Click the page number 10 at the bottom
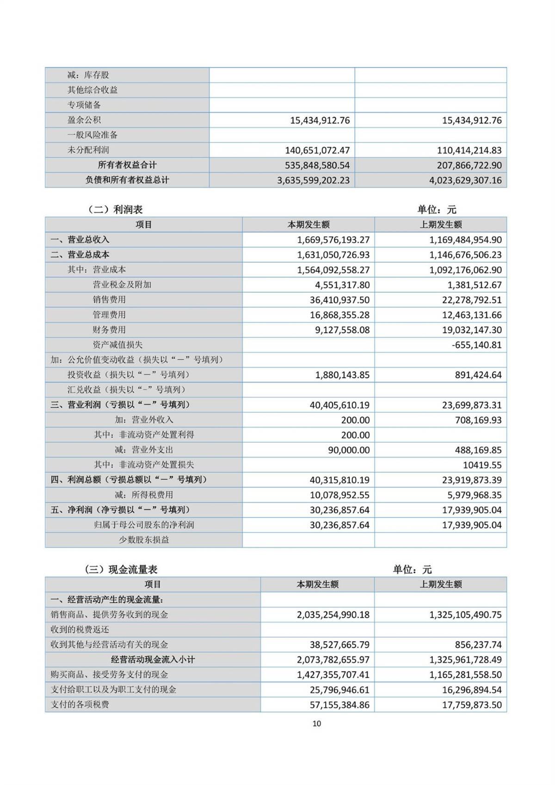[317, 723]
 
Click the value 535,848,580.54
[314, 165]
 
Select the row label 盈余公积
[84, 120]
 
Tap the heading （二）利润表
[115, 210]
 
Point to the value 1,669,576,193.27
[333, 240]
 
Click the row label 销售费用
[109, 300]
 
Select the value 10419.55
[482, 465]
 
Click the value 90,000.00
[349, 450]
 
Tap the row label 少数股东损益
[144, 540]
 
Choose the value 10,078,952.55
[339, 495]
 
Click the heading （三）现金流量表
[121, 569]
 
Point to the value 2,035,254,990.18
[333, 615]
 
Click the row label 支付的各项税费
[80, 705]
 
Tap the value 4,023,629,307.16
[465, 180]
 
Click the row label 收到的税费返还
[80, 630]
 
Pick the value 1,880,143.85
[342, 375]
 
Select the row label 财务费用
[109, 330]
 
